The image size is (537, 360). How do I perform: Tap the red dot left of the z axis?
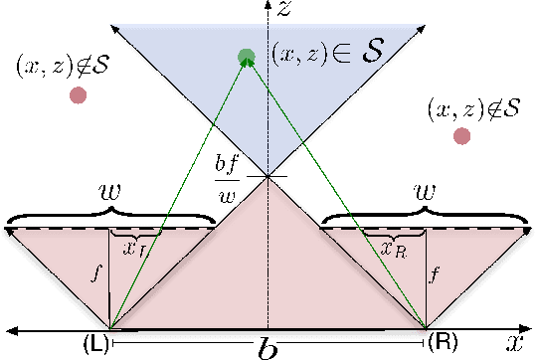pyautogui.click(x=77, y=95)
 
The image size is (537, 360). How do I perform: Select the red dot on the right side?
pyautogui.click(x=461, y=136)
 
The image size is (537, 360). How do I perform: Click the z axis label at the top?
pyautogui.click(x=285, y=11)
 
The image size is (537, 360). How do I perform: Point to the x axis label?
pyautogui.click(x=513, y=344)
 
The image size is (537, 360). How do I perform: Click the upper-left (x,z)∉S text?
pyautogui.click(x=62, y=66)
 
